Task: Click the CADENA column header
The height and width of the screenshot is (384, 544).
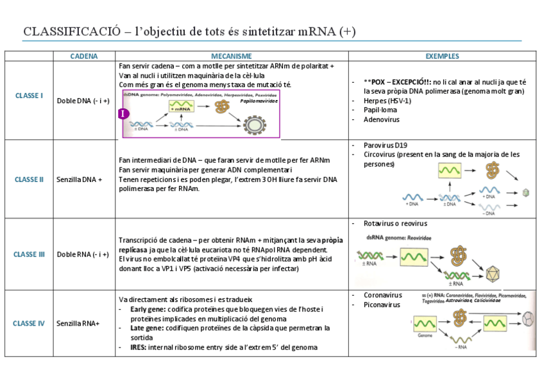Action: (84, 56)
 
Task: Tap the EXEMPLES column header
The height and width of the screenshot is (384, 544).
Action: (443, 56)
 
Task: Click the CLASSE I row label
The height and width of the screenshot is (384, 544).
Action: (29, 96)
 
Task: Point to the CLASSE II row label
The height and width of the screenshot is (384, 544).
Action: (29, 179)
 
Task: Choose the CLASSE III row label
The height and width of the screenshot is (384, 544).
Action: (29, 254)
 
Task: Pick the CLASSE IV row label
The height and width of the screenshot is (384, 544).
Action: (29, 323)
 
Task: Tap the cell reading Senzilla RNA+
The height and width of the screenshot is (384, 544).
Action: (78, 323)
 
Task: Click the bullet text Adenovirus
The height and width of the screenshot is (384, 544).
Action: (381, 119)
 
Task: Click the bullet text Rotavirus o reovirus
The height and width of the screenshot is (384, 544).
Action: (395, 223)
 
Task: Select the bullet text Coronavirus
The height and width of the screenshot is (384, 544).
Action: (383, 295)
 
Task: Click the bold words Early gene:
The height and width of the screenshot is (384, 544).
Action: (147, 310)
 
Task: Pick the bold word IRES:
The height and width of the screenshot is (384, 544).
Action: (138, 347)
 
